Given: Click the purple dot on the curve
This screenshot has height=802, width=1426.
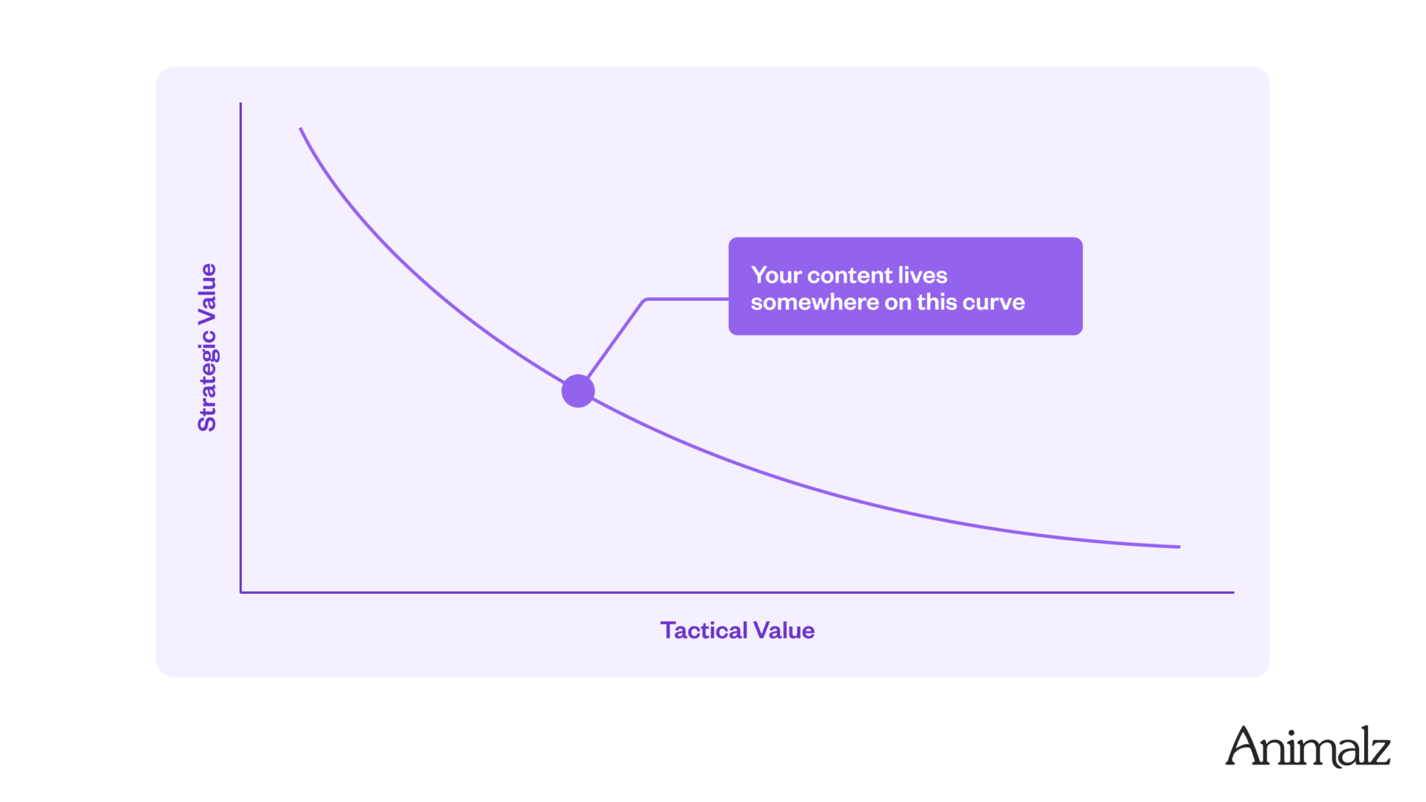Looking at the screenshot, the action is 578,391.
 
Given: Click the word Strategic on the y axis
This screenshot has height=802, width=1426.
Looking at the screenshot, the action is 207,380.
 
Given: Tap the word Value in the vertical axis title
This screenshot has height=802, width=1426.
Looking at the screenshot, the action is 207,292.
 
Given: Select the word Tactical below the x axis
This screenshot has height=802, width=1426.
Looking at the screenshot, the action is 703,630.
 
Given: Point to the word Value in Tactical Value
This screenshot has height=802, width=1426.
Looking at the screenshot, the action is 784,630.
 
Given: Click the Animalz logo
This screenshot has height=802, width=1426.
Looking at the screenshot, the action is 1308,746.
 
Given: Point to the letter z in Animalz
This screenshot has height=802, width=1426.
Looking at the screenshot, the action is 1377,753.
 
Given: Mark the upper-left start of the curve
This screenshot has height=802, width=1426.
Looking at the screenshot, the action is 300,128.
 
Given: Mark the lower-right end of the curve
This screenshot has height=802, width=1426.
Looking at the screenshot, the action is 1180,547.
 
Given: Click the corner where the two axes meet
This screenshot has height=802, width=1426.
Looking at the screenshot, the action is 241,592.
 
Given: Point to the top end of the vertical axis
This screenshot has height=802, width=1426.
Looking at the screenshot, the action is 241,103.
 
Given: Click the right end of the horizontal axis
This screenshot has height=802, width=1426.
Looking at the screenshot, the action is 1234,592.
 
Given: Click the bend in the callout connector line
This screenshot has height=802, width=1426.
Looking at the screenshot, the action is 645,300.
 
